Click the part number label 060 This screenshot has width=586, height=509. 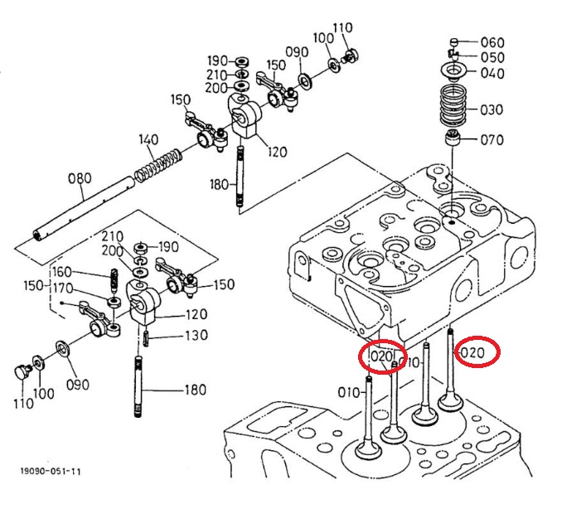click(492, 42)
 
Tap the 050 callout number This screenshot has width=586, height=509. click(492, 57)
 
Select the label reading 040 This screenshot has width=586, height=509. click(492, 73)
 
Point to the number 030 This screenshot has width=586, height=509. click(492, 110)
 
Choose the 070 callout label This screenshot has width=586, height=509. click(492, 140)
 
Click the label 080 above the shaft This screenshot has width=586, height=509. click(80, 178)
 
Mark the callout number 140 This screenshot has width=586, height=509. click(148, 140)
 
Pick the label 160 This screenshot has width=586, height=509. click(61, 272)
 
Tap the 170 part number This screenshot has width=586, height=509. click(63, 288)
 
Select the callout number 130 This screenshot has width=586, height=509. click(196, 335)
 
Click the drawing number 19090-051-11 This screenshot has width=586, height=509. click(51, 471)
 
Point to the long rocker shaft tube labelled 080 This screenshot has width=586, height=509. click(85, 209)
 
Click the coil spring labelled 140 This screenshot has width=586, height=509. click(158, 166)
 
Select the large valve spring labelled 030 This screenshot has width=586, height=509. click(453, 106)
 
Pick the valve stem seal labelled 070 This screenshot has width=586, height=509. click(453, 138)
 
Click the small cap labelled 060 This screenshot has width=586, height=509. click(454, 41)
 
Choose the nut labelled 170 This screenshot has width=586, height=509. click(114, 302)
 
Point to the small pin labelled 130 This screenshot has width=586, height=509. click(146, 338)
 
